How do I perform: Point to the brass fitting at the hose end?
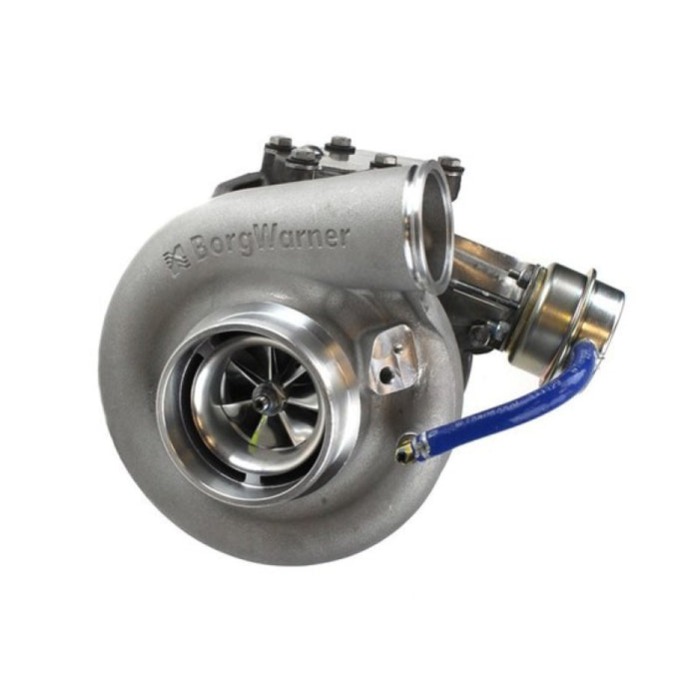click(x=406, y=451)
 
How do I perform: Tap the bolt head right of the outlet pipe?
click(x=451, y=163)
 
